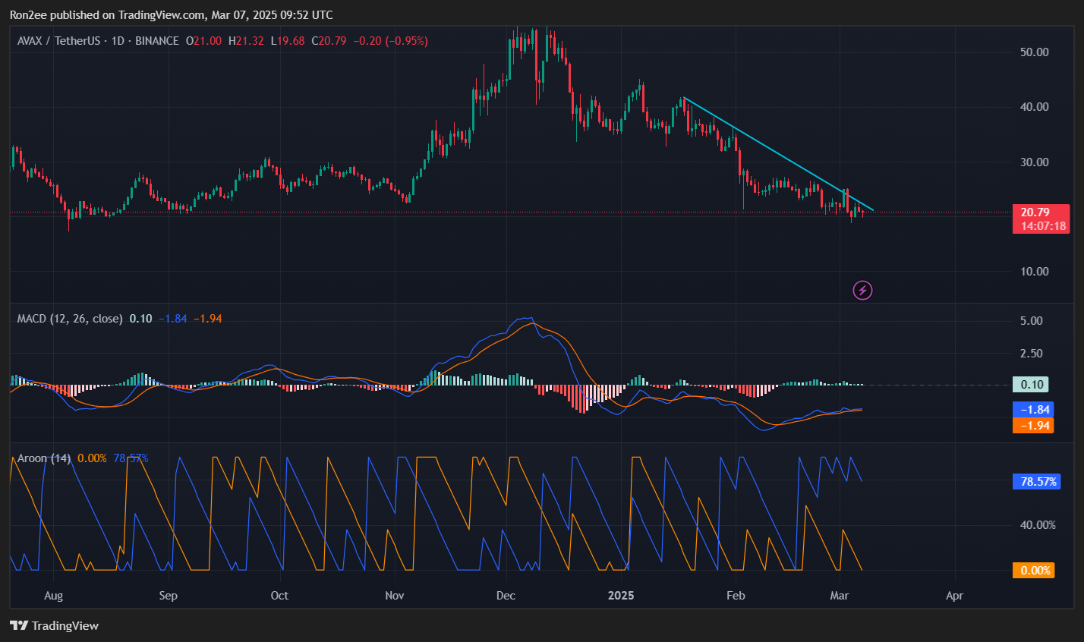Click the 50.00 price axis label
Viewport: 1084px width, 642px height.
(1035, 52)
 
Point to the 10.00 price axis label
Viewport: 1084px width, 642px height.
(1035, 272)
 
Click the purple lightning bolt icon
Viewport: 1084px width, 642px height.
(862, 290)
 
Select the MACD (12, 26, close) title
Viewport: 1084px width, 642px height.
(70, 319)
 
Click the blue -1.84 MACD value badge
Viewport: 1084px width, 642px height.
(1033, 410)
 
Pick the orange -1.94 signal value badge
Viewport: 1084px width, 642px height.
(1033, 426)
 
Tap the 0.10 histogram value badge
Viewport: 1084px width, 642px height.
(1032, 385)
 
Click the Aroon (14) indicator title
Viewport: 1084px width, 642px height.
(44, 458)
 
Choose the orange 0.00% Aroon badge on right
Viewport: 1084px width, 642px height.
(1033, 571)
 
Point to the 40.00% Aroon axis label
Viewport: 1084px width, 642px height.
(1037, 525)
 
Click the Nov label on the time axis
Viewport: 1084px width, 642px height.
(394, 596)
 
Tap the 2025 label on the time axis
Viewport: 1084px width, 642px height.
(620, 596)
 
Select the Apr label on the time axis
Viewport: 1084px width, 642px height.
(954, 596)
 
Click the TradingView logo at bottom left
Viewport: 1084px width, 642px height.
(55, 626)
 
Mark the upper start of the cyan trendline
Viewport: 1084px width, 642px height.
(684, 98)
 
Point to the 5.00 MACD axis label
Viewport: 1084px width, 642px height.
(1031, 321)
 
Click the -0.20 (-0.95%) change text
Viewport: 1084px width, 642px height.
(389, 41)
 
